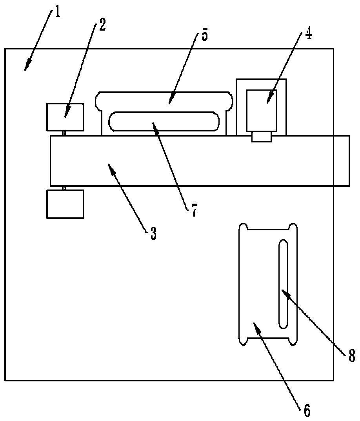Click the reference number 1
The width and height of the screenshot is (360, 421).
58,13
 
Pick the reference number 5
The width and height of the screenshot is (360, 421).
205,36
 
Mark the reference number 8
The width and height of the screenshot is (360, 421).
351,355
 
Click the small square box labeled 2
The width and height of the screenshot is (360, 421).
65,117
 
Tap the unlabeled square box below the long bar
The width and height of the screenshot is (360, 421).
65,204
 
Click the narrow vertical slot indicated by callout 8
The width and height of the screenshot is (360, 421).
283,284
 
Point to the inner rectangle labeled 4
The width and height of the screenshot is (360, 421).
261,111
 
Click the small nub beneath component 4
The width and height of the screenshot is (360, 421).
262,137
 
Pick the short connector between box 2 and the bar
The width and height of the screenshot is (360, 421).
64,133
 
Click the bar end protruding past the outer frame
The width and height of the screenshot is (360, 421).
342,160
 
